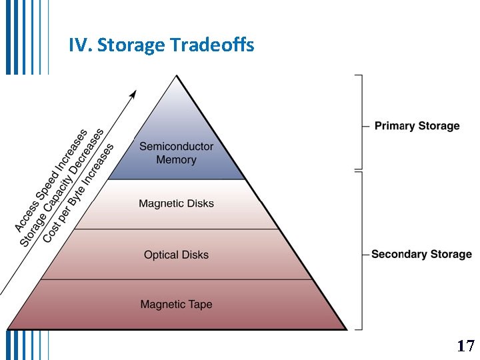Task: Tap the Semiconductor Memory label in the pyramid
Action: (176, 153)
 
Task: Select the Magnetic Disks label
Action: (176, 203)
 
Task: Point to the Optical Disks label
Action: (176, 255)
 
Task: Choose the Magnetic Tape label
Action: (176, 305)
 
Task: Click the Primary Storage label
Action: (417, 126)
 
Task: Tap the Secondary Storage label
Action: (421, 254)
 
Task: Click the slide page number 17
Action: (465, 346)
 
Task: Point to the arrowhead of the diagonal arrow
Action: (133, 93)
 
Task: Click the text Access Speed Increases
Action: (51, 181)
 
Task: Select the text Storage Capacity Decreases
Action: (62, 188)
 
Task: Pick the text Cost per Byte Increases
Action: (79, 193)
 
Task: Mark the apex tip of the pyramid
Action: (177, 75)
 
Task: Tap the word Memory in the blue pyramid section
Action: (176, 160)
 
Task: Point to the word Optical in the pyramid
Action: (160, 255)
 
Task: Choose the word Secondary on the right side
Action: (397, 254)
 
